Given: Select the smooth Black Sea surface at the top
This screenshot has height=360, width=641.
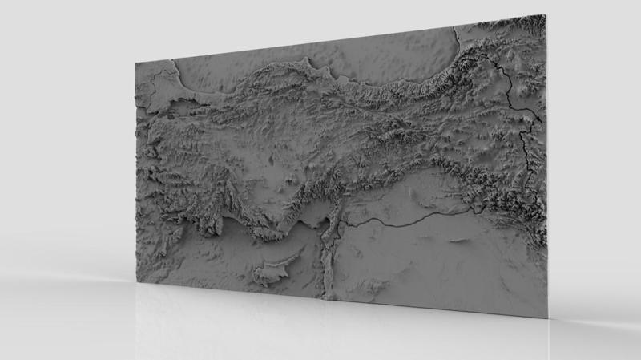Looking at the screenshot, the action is (377, 56).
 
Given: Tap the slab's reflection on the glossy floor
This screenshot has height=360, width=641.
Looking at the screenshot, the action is (320, 329).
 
